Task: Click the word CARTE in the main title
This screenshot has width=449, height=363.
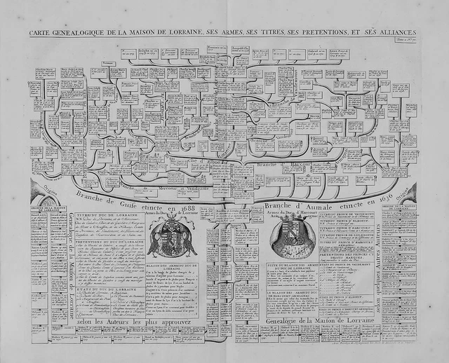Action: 41,33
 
